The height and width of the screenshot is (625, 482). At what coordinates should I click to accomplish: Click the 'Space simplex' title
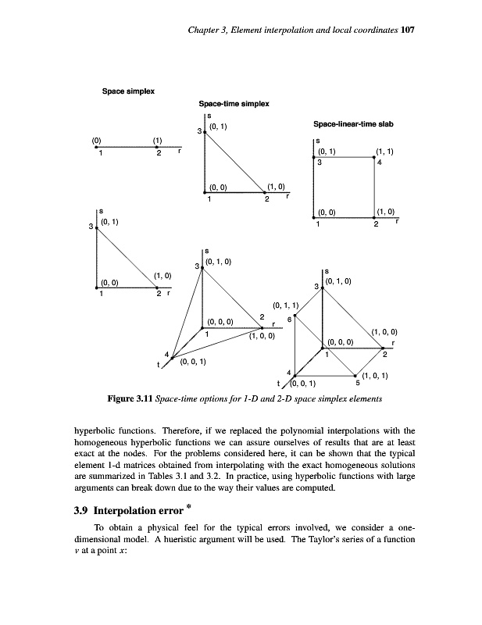tap(129, 92)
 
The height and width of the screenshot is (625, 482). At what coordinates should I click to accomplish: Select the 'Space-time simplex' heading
tap(234, 104)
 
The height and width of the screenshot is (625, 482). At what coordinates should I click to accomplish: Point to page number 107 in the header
tap(405, 30)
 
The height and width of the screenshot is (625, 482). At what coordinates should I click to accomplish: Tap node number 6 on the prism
tap(289, 318)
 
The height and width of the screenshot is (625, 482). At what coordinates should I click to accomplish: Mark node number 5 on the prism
tap(358, 383)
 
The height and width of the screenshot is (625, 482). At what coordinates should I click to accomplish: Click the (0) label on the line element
tap(97, 141)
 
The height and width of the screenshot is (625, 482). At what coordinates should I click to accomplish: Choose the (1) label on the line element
tap(157, 141)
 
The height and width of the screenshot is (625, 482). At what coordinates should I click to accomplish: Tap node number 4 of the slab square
tap(379, 163)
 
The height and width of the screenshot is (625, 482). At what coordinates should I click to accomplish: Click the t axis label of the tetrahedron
tap(159, 364)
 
